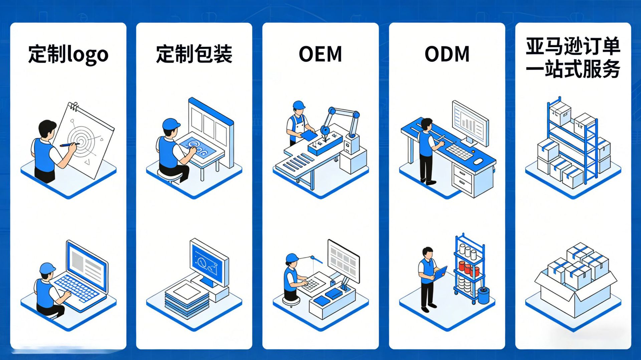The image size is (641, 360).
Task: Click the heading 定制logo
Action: [68, 54]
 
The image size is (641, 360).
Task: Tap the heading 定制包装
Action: [194, 54]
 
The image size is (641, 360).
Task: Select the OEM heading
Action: [320, 54]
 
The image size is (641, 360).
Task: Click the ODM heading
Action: [447, 54]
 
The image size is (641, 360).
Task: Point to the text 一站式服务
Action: [573, 69]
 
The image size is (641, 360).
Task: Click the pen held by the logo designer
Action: [68, 145]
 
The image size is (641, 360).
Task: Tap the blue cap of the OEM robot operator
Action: [298, 105]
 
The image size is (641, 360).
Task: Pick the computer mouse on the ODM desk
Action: [478, 161]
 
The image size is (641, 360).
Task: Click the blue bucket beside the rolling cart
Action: [483, 296]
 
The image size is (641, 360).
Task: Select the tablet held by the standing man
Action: [440, 273]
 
